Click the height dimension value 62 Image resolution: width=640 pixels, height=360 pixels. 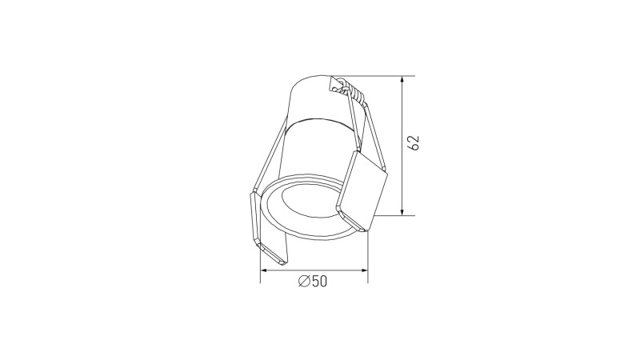click(414, 143)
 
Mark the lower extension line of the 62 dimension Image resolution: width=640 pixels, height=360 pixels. click(392, 215)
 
